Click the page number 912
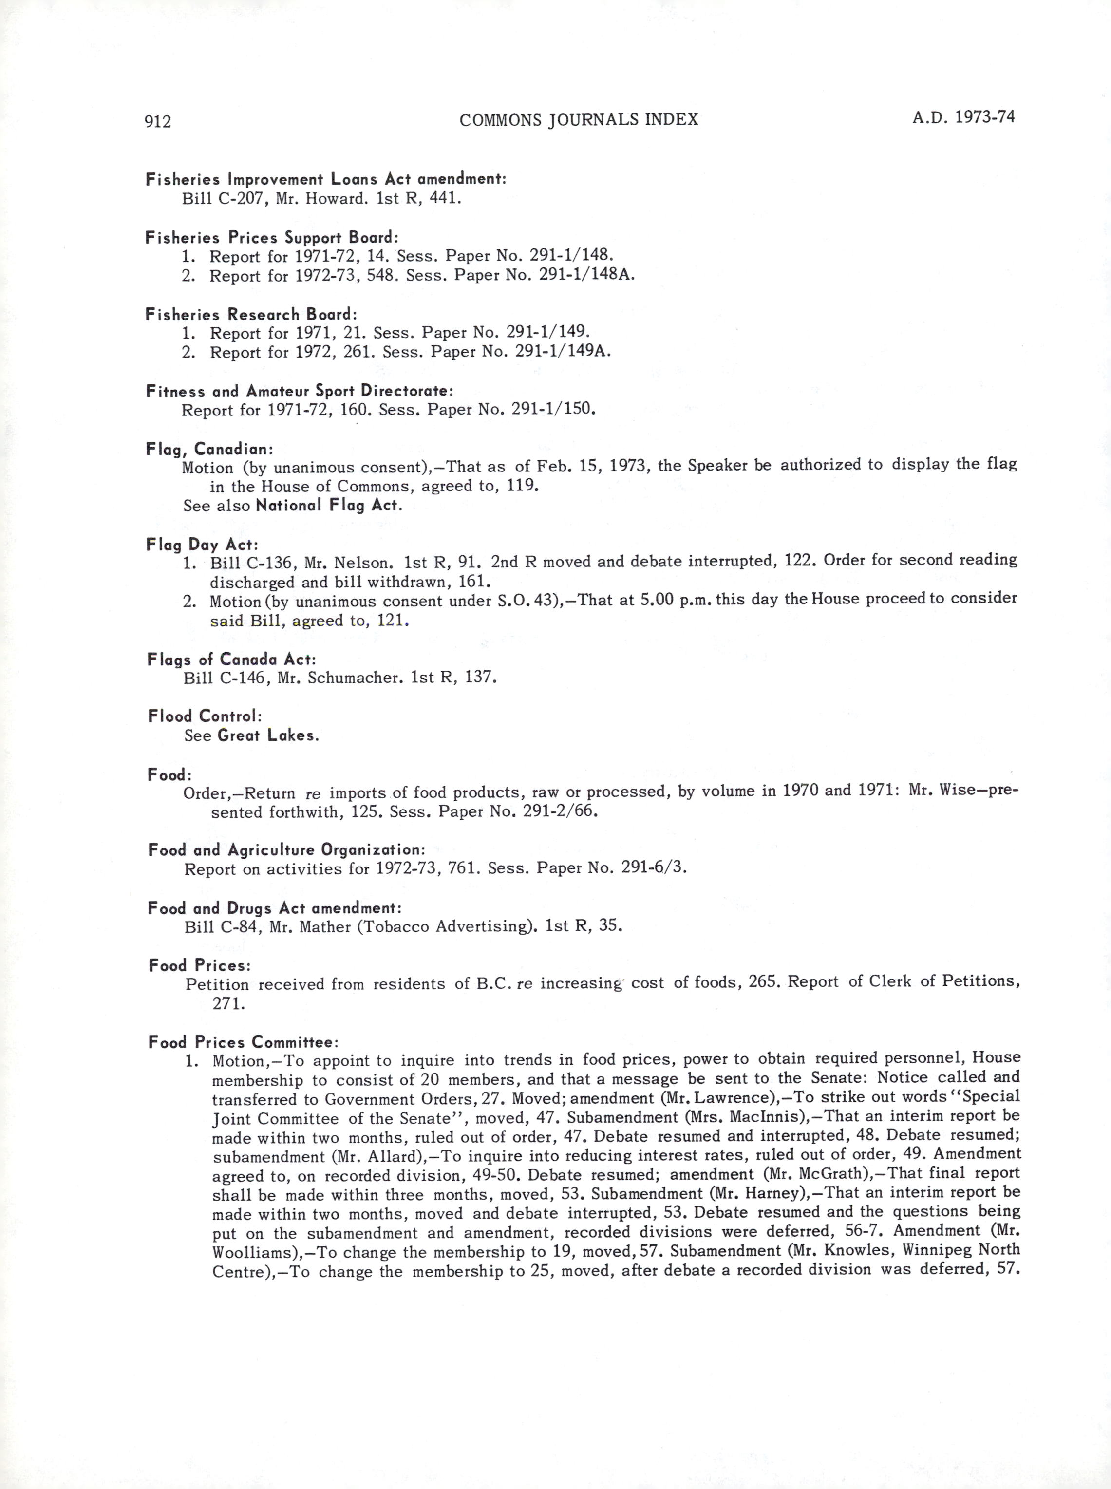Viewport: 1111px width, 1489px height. click(158, 121)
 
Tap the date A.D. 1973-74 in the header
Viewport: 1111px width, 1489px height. click(963, 118)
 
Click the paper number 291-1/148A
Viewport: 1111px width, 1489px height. click(586, 275)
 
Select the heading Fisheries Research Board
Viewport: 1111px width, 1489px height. click(251, 314)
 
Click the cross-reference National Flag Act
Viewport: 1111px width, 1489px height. click(329, 505)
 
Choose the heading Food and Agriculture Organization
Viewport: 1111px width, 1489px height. click(286, 850)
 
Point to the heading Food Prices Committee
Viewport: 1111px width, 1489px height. click(242, 1042)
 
